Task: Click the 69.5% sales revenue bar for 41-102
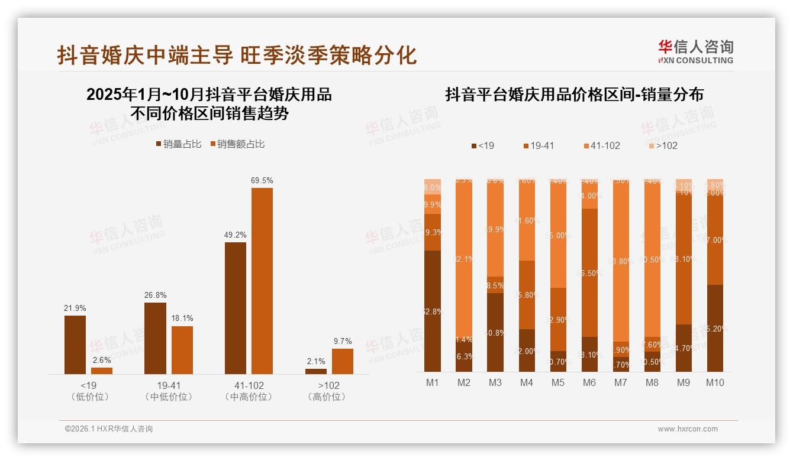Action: coord(262,281)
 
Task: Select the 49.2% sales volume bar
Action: coord(236,308)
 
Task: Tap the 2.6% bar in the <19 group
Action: coord(102,371)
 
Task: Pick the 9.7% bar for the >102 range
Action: coord(342,361)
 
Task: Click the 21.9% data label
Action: coord(75,308)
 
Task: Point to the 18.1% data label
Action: coord(182,318)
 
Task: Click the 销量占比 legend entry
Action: coord(178,144)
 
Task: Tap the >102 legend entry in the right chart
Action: coord(662,145)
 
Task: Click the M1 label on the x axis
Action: coord(433,382)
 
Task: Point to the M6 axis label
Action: coord(589,382)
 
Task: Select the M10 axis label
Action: coord(714,382)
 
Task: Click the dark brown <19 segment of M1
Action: coord(433,311)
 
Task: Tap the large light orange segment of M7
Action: coord(620,260)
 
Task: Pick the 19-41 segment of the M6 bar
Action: coord(589,272)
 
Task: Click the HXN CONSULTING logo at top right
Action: coord(695,52)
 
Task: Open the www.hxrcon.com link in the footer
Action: coord(688,429)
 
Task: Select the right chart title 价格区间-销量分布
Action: coord(574,95)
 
